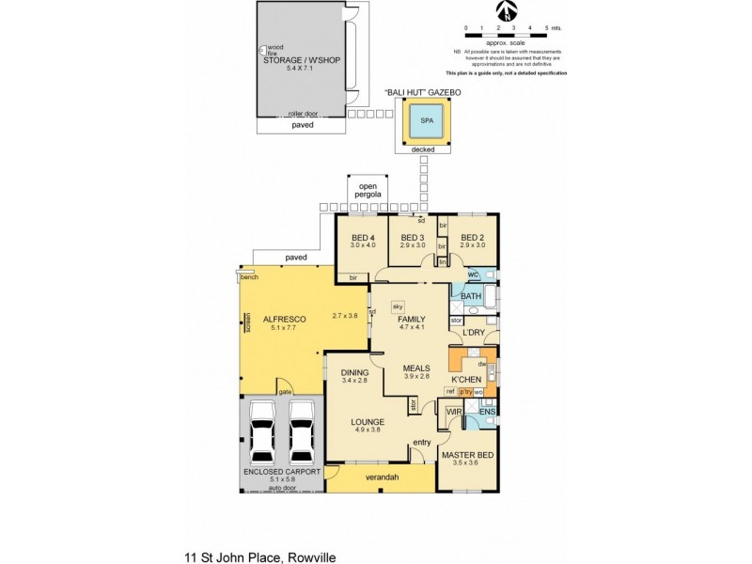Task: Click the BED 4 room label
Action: [363, 237]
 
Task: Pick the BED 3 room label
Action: [413, 237]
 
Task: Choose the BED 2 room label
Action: [473, 237]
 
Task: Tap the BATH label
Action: [471, 296]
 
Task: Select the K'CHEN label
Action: [467, 381]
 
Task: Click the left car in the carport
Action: [263, 431]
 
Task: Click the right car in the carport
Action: [302, 431]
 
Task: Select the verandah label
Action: [382, 478]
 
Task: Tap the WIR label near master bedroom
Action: [454, 412]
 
